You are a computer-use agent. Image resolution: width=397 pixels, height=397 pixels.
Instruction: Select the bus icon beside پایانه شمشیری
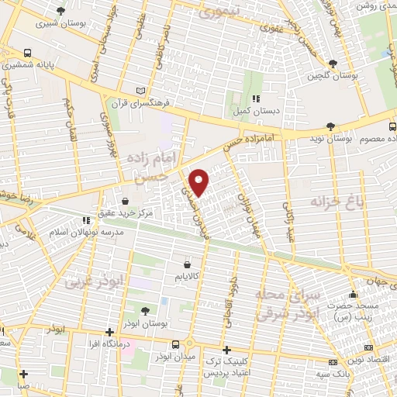(27, 54)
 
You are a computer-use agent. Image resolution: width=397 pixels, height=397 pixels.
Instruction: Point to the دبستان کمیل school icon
(256, 98)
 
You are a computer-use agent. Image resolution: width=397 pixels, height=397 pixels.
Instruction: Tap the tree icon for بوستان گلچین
(333, 63)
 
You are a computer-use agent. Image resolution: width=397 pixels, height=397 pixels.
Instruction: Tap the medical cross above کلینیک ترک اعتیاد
(226, 350)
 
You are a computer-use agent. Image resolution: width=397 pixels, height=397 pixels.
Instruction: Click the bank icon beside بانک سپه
(333, 362)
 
